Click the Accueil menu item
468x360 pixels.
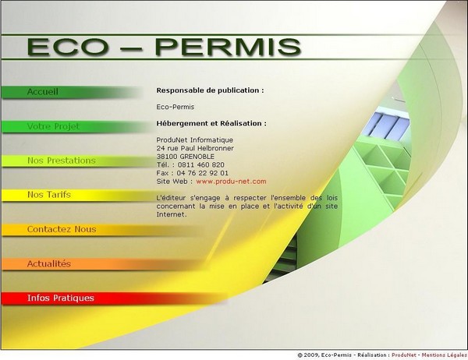pyautogui.click(x=43, y=92)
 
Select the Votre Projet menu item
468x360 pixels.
pyautogui.click(x=53, y=126)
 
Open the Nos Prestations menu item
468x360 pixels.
pyautogui.click(x=62, y=161)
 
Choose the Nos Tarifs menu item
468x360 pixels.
pyautogui.click(x=49, y=195)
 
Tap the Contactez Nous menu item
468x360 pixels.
pyautogui.click(x=62, y=229)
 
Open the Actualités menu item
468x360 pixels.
pyautogui.click(x=49, y=263)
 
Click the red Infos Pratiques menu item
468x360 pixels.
pyautogui.click(x=61, y=298)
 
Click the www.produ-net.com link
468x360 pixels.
pyautogui.click(x=231, y=182)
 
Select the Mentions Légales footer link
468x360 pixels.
pyautogui.click(x=445, y=355)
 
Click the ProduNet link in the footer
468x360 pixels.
pyautogui.click(x=404, y=355)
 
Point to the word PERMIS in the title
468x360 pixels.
pyautogui.click(x=228, y=47)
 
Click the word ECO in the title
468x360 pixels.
pyautogui.click(x=68, y=47)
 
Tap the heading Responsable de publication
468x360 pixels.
pyautogui.click(x=210, y=90)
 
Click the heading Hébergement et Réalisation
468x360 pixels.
pyautogui.click(x=211, y=123)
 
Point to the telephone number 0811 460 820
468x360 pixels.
pyautogui.click(x=201, y=164)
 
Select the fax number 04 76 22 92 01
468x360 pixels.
pyautogui.click(x=202, y=173)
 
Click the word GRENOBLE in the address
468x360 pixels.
pyautogui.click(x=197, y=157)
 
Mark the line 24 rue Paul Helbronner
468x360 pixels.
pyautogui.click(x=195, y=148)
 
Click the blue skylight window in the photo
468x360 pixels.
pyautogui.click(x=386, y=125)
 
